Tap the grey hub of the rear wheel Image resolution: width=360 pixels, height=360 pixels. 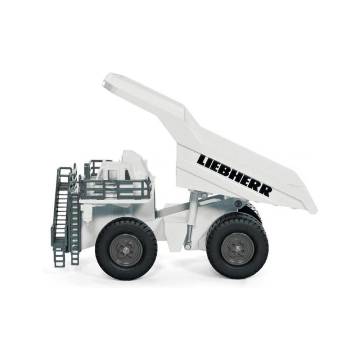pyautogui.click(x=237, y=248)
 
